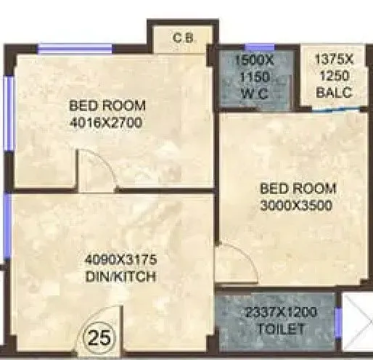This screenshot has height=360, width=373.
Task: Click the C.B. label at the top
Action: [x=182, y=38]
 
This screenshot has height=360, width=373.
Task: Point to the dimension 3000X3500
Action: [x=295, y=205]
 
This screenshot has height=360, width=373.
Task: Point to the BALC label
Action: [x=333, y=92]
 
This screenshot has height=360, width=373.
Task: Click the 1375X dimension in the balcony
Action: [x=333, y=62]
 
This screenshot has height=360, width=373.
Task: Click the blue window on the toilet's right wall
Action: [x=338, y=322]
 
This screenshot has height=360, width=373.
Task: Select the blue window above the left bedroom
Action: [x=75, y=49]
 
